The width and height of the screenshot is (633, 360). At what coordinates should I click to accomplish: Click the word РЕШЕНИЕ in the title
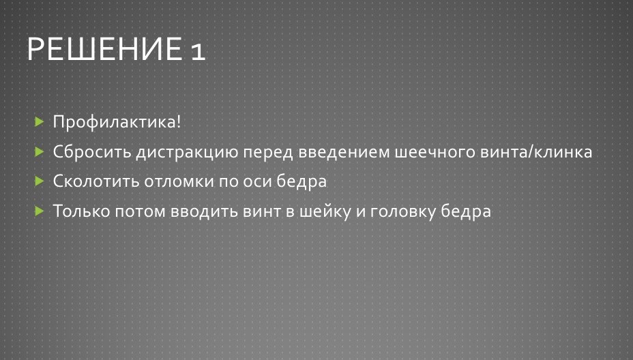coord(104,49)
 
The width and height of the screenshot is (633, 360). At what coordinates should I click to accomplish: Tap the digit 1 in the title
coord(198,52)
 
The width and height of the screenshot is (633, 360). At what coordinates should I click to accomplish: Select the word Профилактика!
coord(117,122)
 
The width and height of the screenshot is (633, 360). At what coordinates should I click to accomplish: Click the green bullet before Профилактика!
coord(39,121)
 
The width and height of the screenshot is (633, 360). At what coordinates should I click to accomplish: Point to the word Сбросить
coord(93,152)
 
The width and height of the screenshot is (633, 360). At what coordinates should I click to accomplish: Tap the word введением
coord(344,152)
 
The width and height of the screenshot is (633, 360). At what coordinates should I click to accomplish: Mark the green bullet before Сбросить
coord(39,151)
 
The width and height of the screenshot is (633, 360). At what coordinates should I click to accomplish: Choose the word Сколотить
coord(96,181)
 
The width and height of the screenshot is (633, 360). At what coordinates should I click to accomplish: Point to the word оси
coord(258,181)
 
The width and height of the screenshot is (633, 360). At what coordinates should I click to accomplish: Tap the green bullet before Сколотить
coord(39,181)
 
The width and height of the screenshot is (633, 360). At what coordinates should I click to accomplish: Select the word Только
coord(82,211)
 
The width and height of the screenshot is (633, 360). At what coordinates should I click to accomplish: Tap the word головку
coord(403,211)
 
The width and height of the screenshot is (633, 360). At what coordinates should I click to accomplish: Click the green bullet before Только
coord(39,211)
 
